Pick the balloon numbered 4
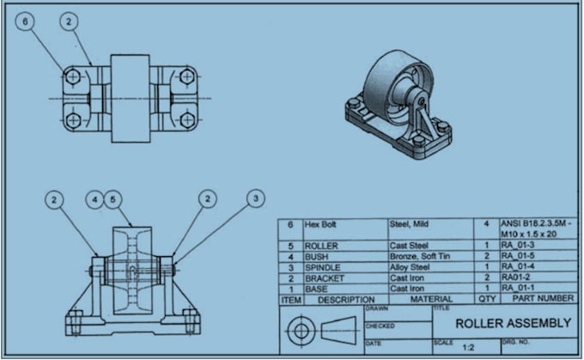pyautogui.click(x=95, y=199)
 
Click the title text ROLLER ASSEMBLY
pyautogui.click(x=512, y=323)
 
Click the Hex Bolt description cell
pyautogui.click(x=320, y=223)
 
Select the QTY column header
pyautogui.click(x=487, y=299)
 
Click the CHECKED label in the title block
pyautogui.click(x=379, y=326)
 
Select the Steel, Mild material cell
pyautogui.click(x=411, y=223)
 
